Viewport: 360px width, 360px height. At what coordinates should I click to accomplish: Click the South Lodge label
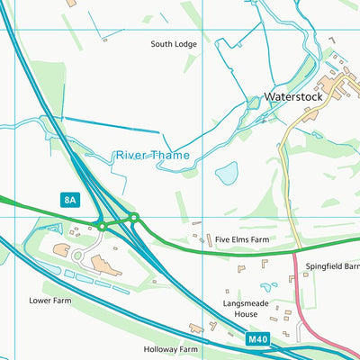point(173,43)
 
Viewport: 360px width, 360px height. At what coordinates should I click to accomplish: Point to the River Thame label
point(152,155)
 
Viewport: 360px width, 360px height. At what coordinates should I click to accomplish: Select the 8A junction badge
point(70,199)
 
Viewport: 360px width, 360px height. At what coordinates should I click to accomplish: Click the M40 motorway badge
point(257,339)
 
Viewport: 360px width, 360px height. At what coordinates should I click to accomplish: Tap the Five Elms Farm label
point(243,239)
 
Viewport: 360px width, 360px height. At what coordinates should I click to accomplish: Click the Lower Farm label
point(49,301)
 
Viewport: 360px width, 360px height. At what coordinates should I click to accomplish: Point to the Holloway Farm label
point(170,348)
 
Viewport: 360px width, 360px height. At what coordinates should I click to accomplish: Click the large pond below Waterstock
point(227,172)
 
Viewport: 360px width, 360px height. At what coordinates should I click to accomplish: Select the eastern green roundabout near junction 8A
point(133,217)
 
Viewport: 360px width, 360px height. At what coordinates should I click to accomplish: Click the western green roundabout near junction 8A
point(103,227)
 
